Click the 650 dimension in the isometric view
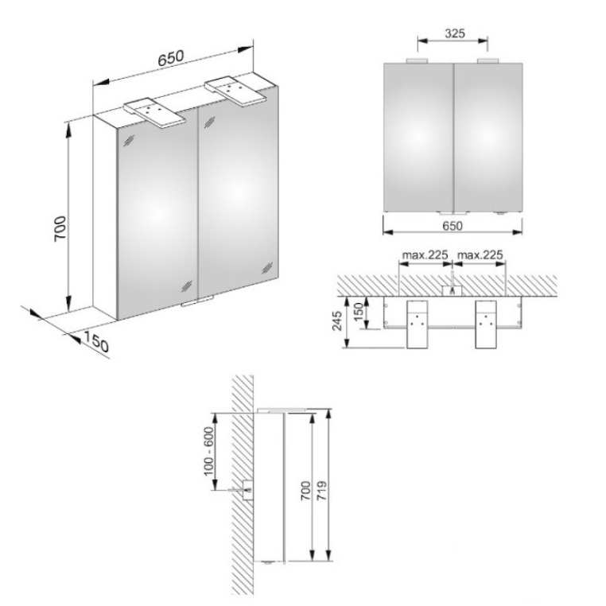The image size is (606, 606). tap(170, 57)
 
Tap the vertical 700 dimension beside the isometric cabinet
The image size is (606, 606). tap(60, 229)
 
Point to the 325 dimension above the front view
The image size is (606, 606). tap(455, 33)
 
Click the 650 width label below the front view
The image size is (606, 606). tap(453, 226)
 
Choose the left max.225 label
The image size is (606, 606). tap(425, 255)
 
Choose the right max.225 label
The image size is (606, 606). tap(480, 255)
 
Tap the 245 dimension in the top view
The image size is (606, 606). tap(337, 320)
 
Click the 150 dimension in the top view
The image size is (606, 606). tap(359, 312)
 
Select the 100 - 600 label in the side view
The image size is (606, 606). tap(208, 451)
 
